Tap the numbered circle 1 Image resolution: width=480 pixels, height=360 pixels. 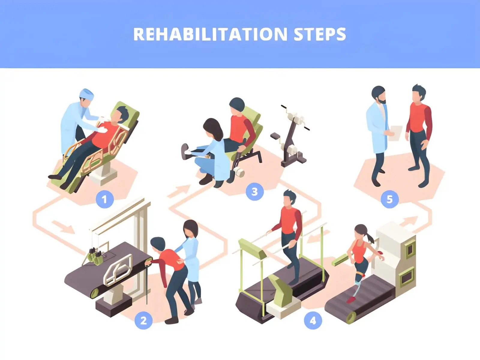(x=104, y=199)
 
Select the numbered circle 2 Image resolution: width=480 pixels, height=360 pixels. (x=143, y=320)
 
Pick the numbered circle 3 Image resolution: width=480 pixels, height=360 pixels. (x=254, y=191)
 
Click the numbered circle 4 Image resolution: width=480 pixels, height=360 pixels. (x=313, y=320)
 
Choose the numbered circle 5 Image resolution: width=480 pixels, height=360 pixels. (x=389, y=199)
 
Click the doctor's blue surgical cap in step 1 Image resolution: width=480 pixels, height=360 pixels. (x=87, y=93)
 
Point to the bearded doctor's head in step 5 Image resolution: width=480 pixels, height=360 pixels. (x=379, y=94)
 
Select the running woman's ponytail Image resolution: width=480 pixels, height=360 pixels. (x=370, y=237)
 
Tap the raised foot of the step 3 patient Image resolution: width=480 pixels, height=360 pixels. (x=185, y=150)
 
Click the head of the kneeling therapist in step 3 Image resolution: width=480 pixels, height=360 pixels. (x=212, y=127)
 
